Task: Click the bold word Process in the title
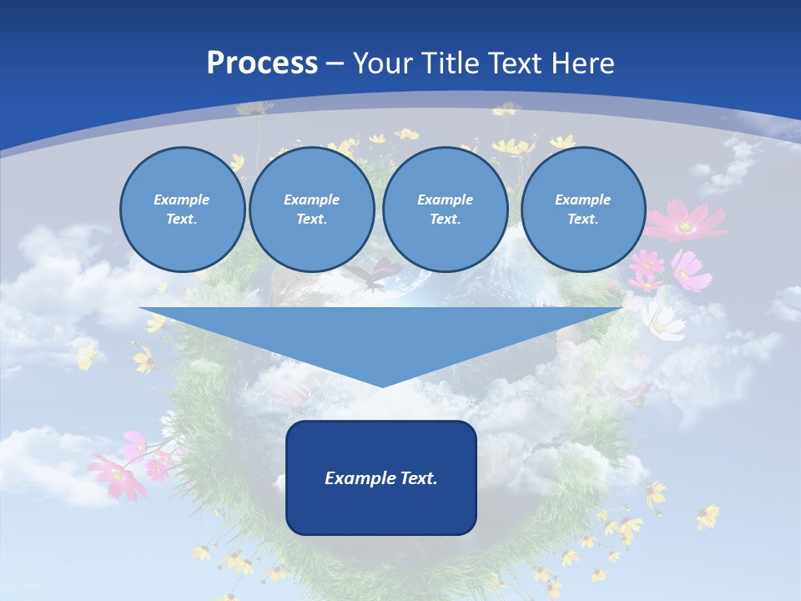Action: tap(262, 63)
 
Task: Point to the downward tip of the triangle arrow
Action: tap(381, 386)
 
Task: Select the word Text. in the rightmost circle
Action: tap(582, 219)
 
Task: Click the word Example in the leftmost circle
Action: tap(182, 199)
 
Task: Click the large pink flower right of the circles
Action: tap(683, 222)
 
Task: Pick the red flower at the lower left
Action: tap(117, 477)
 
